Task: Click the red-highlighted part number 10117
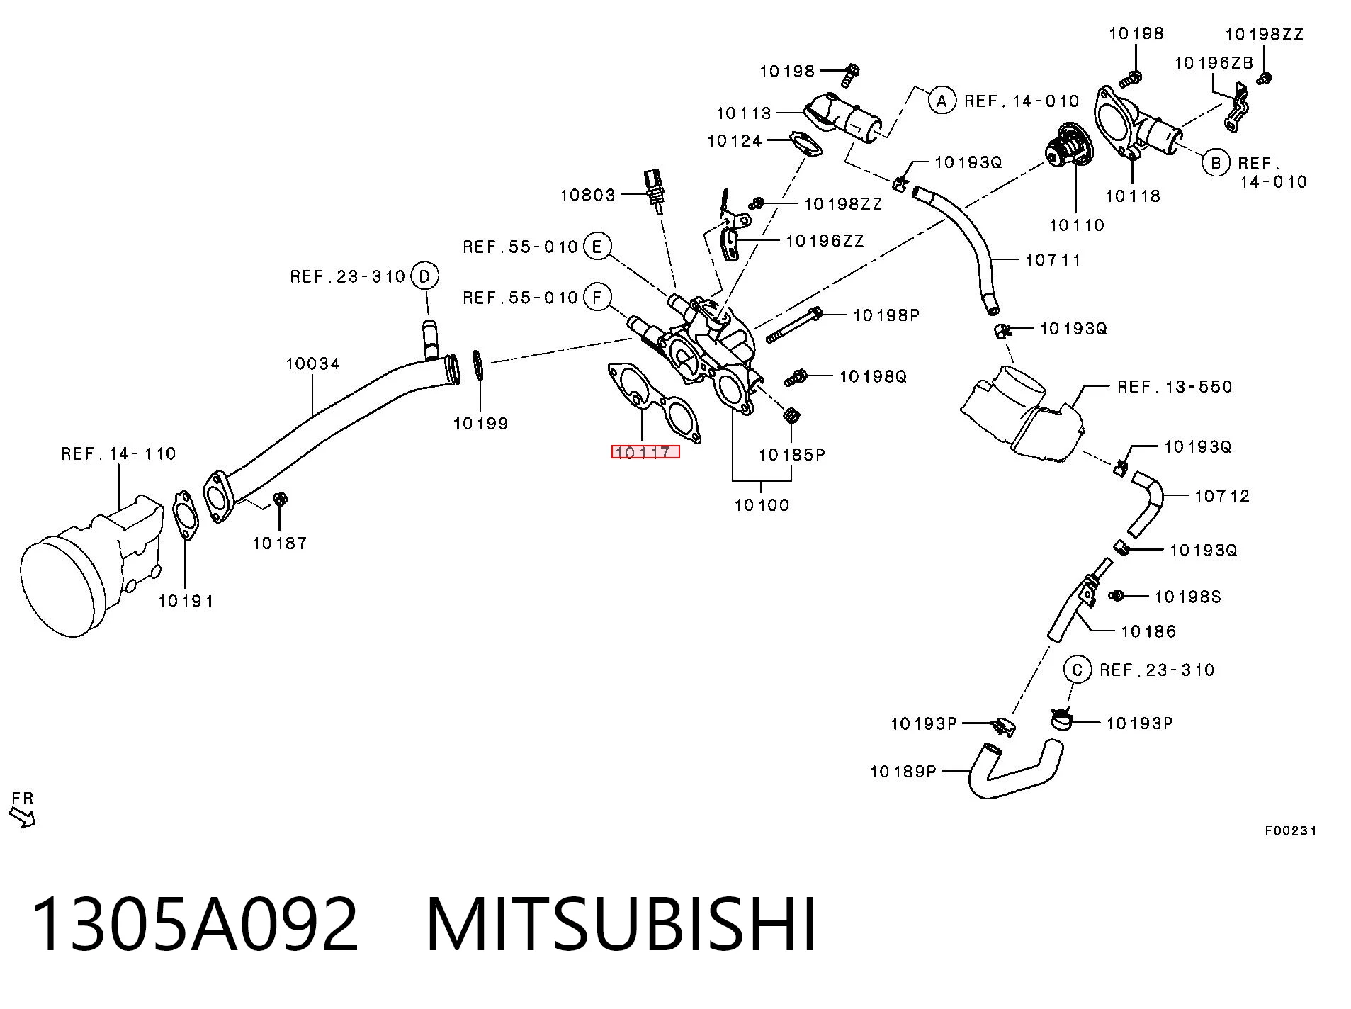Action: [x=645, y=452]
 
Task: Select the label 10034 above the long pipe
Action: [x=313, y=364]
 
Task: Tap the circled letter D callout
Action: [x=424, y=276]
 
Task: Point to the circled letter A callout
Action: [x=942, y=101]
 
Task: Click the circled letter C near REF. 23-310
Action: [x=1078, y=670]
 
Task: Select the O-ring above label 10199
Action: [x=478, y=365]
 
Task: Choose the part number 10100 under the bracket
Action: [x=762, y=505]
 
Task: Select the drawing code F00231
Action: [x=1291, y=831]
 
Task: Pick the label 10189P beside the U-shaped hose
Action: [x=903, y=771]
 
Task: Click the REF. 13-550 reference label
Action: [x=1175, y=387]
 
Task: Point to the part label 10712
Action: [x=1222, y=496]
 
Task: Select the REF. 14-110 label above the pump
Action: [x=118, y=453]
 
